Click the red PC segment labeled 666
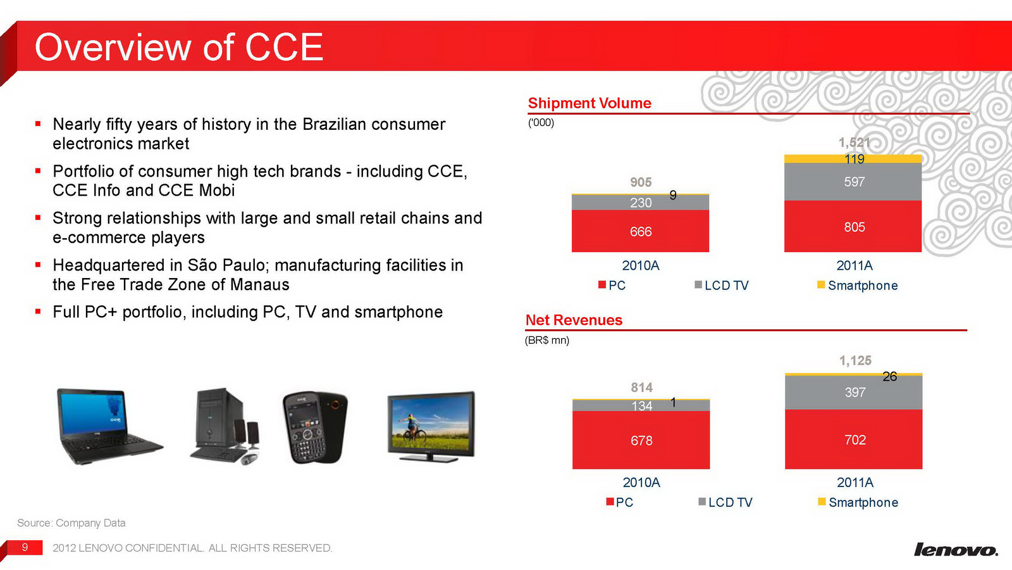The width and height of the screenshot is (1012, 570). pyautogui.click(x=640, y=231)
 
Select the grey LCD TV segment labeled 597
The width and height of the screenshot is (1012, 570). pyautogui.click(x=853, y=181)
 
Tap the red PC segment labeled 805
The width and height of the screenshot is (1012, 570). pyautogui.click(x=853, y=226)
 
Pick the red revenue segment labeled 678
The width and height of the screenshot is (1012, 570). pyautogui.click(x=641, y=440)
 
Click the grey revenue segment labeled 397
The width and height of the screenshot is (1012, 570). pyautogui.click(x=853, y=392)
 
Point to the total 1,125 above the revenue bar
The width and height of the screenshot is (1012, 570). pyautogui.click(x=855, y=360)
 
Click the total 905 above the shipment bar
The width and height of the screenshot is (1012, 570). pyautogui.click(x=641, y=182)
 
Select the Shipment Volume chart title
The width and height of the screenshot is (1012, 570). pyautogui.click(x=589, y=103)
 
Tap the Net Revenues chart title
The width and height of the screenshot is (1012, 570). pyautogui.click(x=574, y=320)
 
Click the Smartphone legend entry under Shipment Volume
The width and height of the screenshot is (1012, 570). pyautogui.click(x=858, y=286)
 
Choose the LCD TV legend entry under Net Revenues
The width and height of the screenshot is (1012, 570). pyautogui.click(x=725, y=502)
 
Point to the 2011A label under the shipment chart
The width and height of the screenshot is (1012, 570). pyautogui.click(x=855, y=265)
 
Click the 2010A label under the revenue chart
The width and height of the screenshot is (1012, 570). pyautogui.click(x=641, y=483)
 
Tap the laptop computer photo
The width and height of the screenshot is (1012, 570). pyautogui.click(x=108, y=426)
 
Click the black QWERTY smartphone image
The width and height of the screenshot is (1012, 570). pyautogui.click(x=315, y=427)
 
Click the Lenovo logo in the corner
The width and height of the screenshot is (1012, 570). pyautogui.click(x=956, y=548)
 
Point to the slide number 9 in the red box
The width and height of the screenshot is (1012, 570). pyautogui.click(x=25, y=547)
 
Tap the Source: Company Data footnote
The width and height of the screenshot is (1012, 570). pyautogui.click(x=71, y=523)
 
